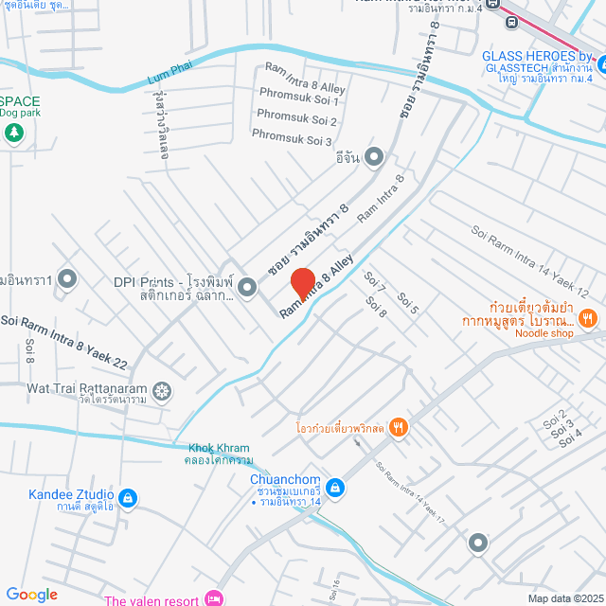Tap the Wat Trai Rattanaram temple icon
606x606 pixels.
tap(164, 389)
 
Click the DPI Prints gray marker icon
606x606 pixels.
tap(247, 286)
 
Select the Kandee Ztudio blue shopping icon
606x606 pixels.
tap(129, 497)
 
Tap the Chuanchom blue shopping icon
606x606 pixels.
tap(336, 489)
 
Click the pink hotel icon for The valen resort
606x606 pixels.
tap(213, 598)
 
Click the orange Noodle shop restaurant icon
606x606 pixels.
tap(587, 318)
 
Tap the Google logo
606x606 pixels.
tap(31, 594)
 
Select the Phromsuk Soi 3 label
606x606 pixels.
tap(292, 137)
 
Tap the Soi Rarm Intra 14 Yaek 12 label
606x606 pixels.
tap(529, 259)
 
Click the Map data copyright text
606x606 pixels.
tap(565, 598)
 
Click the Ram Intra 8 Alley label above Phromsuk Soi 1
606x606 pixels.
tap(305, 78)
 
